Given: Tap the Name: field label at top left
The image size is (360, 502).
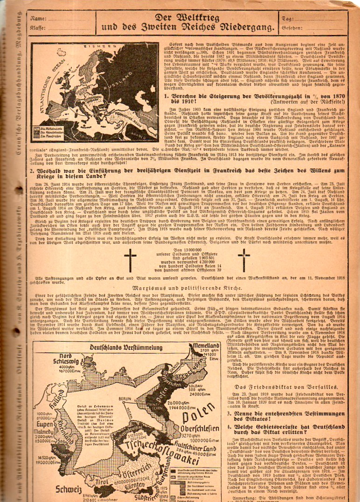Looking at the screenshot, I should click(x=38, y=19).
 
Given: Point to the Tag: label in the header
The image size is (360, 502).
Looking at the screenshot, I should click(x=288, y=19).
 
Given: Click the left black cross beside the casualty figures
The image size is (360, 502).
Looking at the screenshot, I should click(x=130, y=259).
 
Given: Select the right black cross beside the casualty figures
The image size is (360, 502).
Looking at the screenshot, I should click(x=244, y=259).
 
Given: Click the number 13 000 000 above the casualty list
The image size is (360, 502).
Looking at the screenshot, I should click(x=187, y=251).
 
